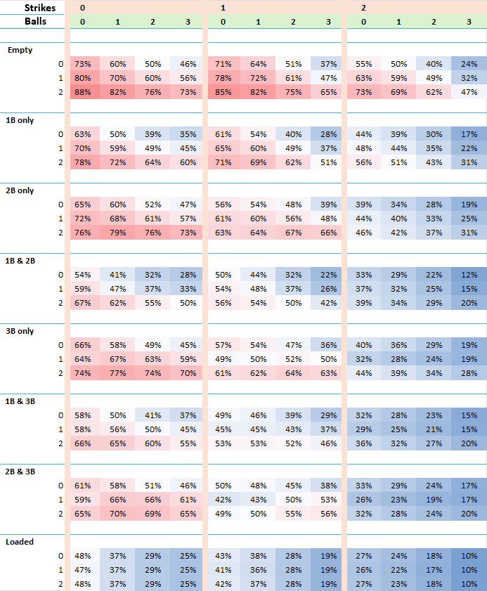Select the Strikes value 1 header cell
click(223, 7)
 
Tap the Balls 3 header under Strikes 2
click(469, 21)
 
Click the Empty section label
click(20, 50)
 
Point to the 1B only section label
click(20, 120)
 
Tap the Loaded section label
click(20, 542)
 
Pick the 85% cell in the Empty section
click(223, 91)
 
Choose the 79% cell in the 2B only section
click(117, 232)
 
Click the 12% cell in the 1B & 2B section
click(469, 274)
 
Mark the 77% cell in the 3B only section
click(117, 372)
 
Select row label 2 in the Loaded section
click(60, 583)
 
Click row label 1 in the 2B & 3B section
click(60, 499)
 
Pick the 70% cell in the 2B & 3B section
click(117, 513)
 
